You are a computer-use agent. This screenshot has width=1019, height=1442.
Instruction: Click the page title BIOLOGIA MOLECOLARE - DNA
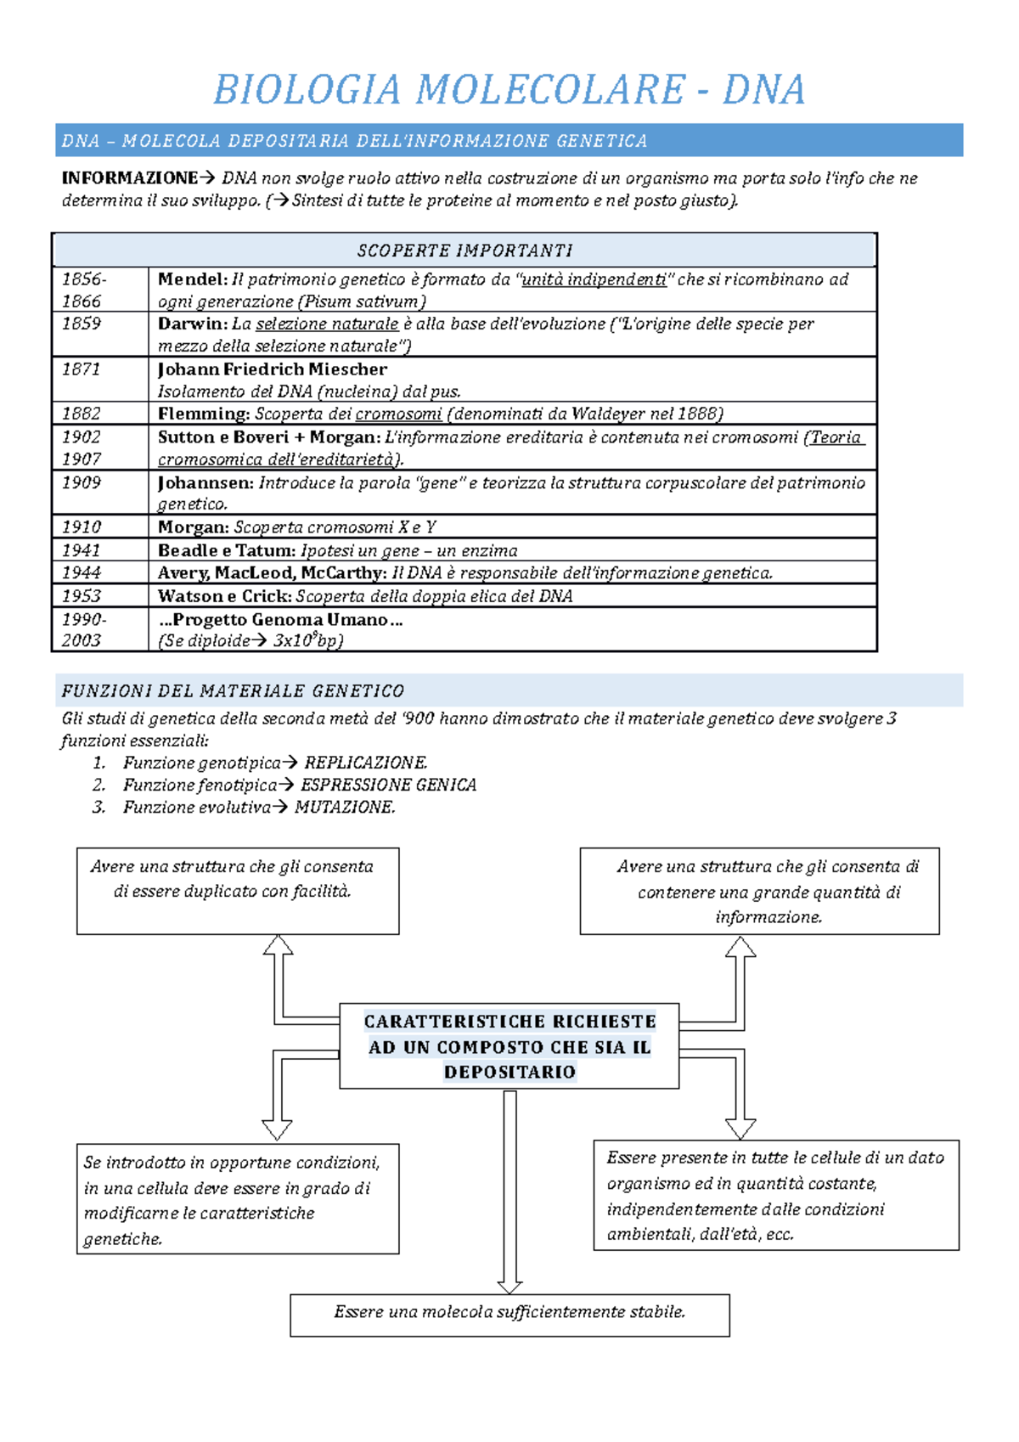tap(509, 90)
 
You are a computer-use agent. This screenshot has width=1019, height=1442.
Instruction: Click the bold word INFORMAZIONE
tap(129, 178)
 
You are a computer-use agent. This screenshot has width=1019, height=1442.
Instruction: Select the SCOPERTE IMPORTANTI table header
tap(464, 251)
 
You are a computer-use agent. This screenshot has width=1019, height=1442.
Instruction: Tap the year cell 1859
tap(82, 324)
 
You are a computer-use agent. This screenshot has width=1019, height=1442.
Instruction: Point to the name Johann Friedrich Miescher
tap(272, 369)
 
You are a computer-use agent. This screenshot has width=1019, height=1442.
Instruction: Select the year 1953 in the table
tap(82, 596)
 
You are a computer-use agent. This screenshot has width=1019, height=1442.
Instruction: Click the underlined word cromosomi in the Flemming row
tap(398, 414)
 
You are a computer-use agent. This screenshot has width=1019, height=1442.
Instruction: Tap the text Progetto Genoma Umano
tap(280, 620)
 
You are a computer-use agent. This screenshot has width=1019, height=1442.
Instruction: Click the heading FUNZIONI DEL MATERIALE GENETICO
tap(233, 691)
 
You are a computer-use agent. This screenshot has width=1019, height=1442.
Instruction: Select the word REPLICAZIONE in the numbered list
tap(366, 763)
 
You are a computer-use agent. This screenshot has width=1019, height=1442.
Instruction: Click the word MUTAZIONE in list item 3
tap(345, 808)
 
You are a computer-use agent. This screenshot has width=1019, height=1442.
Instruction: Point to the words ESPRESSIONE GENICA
tap(388, 786)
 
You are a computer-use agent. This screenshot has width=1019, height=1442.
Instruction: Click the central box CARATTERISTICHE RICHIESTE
tap(509, 1046)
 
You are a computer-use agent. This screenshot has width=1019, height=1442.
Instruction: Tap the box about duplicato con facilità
tap(237, 890)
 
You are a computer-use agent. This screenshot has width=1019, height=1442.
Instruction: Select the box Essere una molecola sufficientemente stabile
tap(509, 1314)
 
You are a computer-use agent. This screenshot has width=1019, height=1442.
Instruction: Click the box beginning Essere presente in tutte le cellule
tap(775, 1195)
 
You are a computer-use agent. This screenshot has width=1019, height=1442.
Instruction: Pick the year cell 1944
tap(82, 573)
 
